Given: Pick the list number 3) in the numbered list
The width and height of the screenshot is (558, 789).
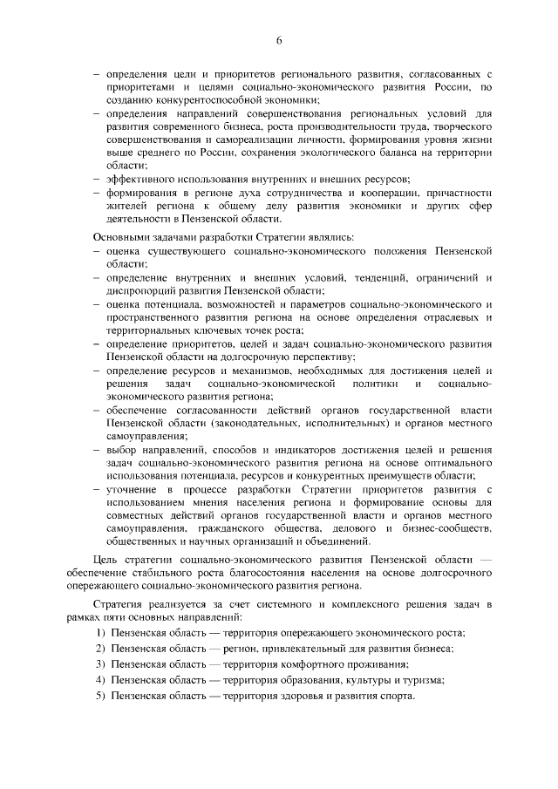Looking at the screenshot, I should click(x=100, y=664).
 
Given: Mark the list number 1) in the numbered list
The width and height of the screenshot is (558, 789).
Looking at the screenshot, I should click(x=100, y=632).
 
